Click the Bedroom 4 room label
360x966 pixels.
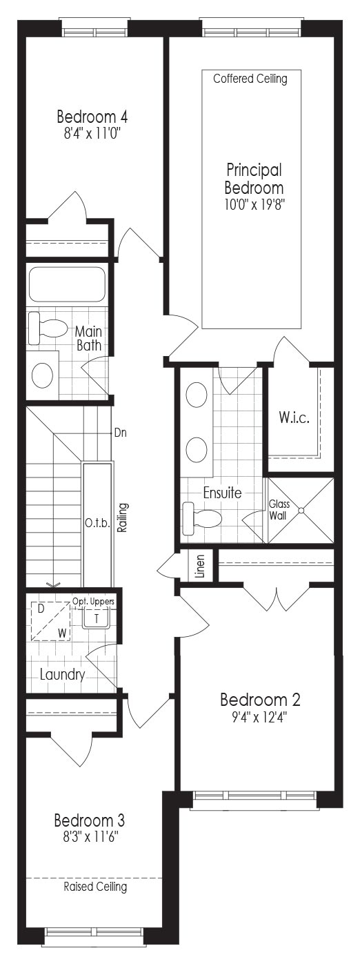tap(92, 117)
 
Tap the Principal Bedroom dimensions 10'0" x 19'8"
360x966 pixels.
tap(254, 204)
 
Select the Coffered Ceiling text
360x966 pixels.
tap(250, 79)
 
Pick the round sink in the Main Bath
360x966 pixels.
tap(43, 375)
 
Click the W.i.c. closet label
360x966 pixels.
tap(294, 417)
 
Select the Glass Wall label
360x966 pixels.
tap(279, 510)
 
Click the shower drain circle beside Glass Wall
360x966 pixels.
tap(301, 510)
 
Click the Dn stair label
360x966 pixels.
tap(120, 433)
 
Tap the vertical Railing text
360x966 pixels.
tap(123, 517)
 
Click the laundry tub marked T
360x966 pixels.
tap(97, 618)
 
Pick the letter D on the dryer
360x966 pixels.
tap(41, 609)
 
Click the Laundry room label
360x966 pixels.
tap(62, 674)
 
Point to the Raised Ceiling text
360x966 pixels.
tap(95, 886)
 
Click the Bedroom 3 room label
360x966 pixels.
tap(89, 820)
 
